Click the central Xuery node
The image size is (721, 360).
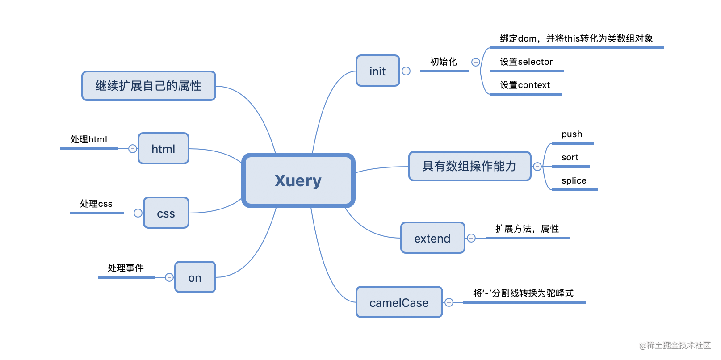point(298,180)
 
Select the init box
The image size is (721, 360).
point(378,71)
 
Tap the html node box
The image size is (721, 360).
point(163,149)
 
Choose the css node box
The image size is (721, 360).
point(166,213)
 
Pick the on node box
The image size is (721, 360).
point(195,277)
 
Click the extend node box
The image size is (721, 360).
point(432,238)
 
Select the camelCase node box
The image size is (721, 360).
point(399,302)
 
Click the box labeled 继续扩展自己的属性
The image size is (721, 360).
point(149,86)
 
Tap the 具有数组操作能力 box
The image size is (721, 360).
point(469,166)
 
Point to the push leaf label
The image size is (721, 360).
point(572,134)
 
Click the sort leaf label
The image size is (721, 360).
point(570,157)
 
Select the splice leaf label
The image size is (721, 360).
point(574,180)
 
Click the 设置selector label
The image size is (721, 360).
point(526,62)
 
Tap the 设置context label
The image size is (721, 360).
point(525,85)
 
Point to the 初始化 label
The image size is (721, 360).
point(444,62)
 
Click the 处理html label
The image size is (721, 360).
point(88,139)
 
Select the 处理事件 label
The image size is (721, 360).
point(126,268)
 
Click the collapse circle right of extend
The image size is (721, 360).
point(471,238)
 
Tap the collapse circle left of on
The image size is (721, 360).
point(169,277)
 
